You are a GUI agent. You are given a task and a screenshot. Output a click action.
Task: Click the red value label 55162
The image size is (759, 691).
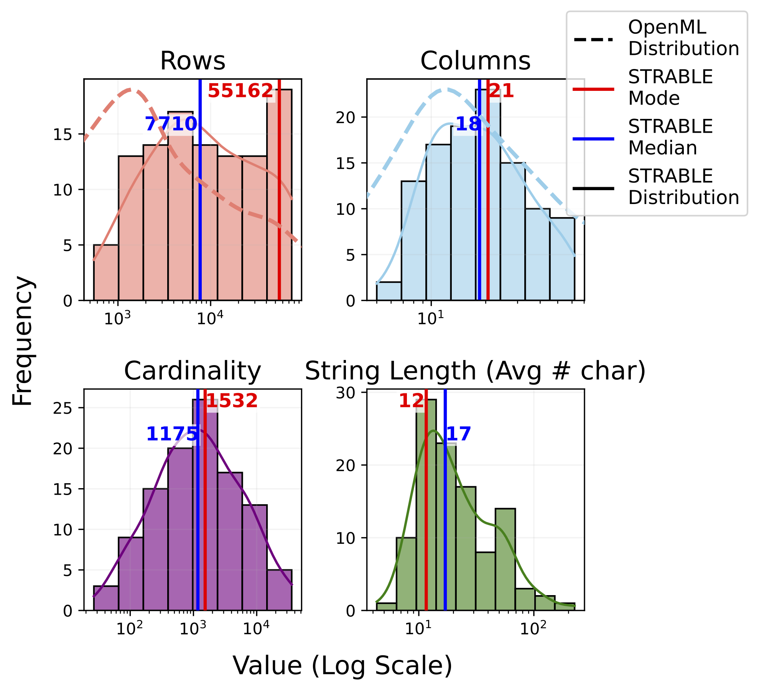point(240,91)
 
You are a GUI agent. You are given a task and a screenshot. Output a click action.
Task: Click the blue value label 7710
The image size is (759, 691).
point(171,124)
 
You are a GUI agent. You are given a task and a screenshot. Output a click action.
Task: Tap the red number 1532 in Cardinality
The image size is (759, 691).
point(232,401)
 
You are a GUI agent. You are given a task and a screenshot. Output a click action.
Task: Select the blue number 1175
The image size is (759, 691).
point(172,434)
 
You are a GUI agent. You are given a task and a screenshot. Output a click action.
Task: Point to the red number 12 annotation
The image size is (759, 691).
point(411,401)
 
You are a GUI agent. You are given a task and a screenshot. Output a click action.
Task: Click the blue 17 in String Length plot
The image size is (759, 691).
point(459,434)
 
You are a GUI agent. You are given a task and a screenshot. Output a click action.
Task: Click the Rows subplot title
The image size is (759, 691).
point(193,61)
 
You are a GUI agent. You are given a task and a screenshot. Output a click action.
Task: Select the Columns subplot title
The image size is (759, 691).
point(475,61)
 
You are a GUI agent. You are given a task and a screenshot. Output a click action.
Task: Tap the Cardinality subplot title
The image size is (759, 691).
point(193,371)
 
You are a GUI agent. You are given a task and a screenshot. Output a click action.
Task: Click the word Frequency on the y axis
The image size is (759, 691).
point(22,341)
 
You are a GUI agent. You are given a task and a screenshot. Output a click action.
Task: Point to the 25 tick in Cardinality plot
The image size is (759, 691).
point(63,408)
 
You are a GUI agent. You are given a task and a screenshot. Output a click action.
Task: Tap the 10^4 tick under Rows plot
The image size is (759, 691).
point(209,318)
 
